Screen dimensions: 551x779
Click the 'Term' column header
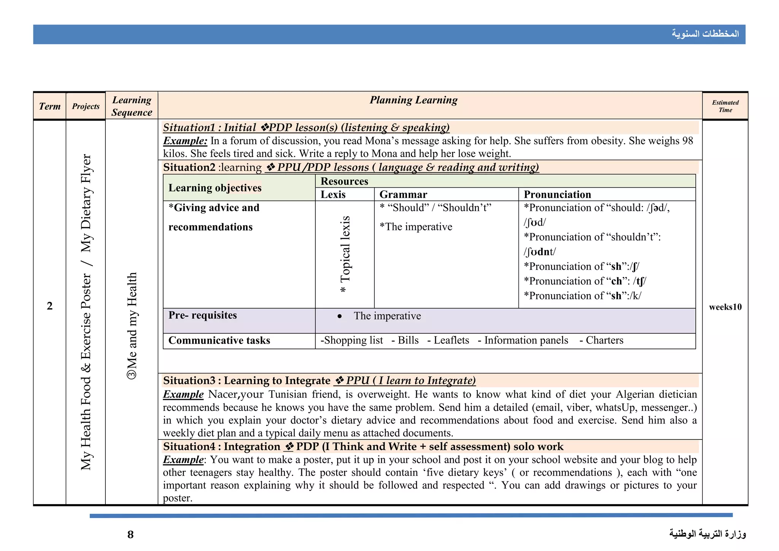coord(49,106)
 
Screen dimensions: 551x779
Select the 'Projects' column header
coord(86,106)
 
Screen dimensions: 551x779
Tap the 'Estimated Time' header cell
coord(725,106)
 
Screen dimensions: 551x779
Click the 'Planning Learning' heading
coord(413,100)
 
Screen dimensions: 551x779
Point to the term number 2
coord(49,306)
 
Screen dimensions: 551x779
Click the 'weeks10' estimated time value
coord(725,307)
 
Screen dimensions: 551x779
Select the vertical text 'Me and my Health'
coord(132,325)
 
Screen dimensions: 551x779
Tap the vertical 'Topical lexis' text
coord(345,254)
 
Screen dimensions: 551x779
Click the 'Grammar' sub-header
coord(403,194)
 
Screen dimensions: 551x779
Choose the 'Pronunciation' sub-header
coord(557,194)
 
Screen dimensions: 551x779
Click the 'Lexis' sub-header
coord(333,194)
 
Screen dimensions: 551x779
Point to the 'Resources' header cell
coord(344,181)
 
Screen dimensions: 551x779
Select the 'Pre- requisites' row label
coord(202,315)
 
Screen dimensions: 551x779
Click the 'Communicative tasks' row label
coord(219,340)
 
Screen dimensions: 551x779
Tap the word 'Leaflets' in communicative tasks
coord(451,340)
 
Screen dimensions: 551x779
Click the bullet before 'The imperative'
coord(339,316)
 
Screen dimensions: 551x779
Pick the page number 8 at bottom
coord(130,535)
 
